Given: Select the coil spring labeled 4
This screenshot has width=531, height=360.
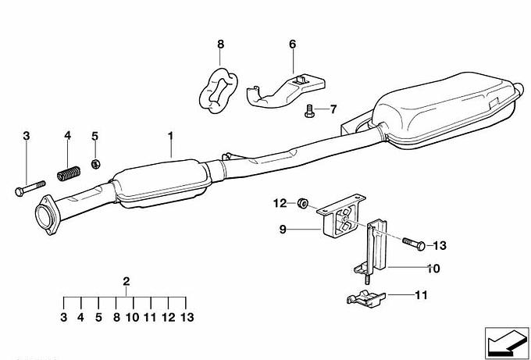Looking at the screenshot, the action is [x=69, y=173].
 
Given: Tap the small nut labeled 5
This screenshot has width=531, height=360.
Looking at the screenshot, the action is [x=95, y=164].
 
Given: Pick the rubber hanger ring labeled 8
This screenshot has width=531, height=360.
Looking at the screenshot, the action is [x=218, y=91].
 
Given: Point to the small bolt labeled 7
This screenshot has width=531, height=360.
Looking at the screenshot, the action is [x=309, y=111].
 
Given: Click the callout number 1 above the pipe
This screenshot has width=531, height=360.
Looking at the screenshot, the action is [x=170, y=136].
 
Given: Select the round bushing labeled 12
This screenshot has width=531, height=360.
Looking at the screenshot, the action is [x=301, y=204].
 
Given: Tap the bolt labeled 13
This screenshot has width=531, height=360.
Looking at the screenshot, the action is [x=414, y=244].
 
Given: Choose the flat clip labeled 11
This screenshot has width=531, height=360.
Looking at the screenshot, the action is [x=366, y=298].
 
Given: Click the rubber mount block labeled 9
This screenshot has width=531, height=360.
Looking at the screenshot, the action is [x=340, y=218].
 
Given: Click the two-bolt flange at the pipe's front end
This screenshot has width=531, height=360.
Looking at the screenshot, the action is [x=45, y=215].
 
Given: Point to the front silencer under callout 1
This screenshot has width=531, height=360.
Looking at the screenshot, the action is [x=162, y=184].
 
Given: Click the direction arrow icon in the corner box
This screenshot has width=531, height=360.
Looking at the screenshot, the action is [x=506, y=344].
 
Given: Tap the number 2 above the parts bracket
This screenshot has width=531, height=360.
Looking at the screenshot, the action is [x=127, y=281].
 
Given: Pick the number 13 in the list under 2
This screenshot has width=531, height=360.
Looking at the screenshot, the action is [x=187, y=317].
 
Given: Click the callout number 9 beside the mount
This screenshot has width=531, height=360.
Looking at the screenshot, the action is [x=283, y=230].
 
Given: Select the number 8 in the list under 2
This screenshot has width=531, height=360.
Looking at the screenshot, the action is [x=116, y=317].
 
